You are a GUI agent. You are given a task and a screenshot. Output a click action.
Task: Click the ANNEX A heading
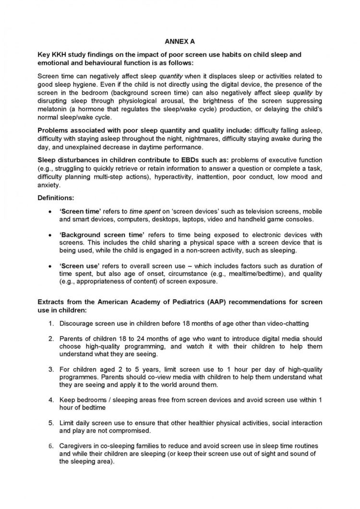click(x=179, y=42)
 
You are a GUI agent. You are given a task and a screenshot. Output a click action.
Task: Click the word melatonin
click(x=52, y=109)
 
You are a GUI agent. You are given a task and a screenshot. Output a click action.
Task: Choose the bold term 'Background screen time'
click(x=102, y=234)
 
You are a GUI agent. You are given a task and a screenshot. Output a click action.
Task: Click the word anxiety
click(x=49, y=184)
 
